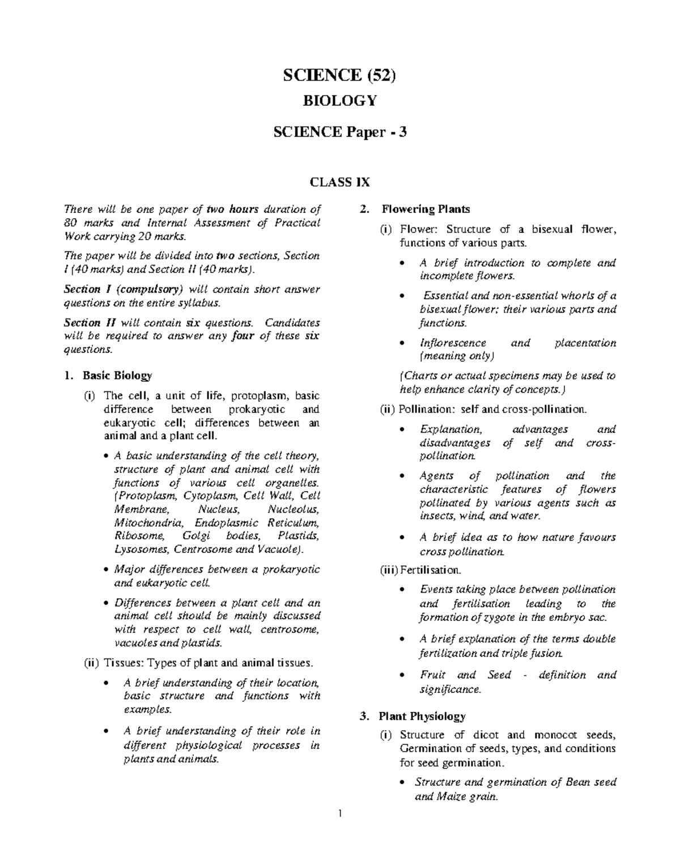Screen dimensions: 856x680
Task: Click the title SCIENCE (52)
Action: click(339, 75)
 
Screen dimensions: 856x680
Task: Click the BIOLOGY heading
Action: click(339, 101)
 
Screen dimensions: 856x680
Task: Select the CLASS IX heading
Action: click(339, 182)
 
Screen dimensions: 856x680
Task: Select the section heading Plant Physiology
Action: click(422, 717)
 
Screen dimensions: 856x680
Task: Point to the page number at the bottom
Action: click(339, 815)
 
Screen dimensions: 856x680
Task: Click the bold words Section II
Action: click(90, 323)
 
